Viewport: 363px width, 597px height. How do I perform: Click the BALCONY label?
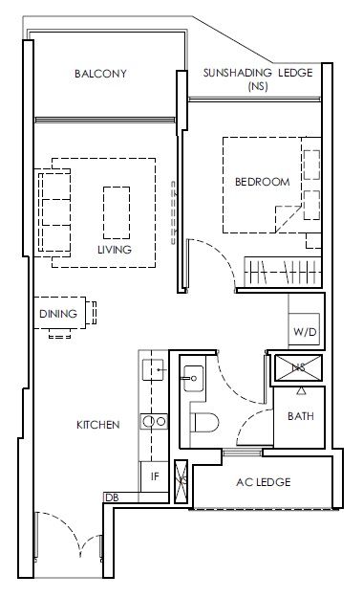coord(100,74)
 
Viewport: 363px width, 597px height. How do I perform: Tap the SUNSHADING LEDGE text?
coord(258,73)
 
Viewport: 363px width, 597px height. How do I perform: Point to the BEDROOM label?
coord(263,182)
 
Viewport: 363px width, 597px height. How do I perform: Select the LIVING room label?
coord(115,250)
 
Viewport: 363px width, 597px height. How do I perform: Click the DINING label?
coord(58,314)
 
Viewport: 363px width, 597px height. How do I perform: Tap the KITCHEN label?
coord(98,425)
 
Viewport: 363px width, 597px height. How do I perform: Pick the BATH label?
coord(301,416)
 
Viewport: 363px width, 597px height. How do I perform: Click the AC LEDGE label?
coord(264,482)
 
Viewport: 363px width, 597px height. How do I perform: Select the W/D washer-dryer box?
coord(304,329)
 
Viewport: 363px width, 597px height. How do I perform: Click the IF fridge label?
coord(155,476)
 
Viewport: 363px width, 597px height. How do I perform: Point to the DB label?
coord(112,497)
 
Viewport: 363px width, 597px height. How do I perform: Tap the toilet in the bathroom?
coord(204,422)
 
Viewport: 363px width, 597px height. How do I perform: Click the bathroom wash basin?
coord(193,379)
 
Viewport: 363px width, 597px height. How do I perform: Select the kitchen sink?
coord(153,369)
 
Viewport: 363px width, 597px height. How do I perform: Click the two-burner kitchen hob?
coord(154,422)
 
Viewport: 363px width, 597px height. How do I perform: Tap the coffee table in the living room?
coord(117,208)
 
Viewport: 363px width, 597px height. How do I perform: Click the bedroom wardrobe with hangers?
coord(283,272)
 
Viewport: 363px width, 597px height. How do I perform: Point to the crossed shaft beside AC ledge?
coord(181,481)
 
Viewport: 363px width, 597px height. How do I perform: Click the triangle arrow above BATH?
coord(301,390)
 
